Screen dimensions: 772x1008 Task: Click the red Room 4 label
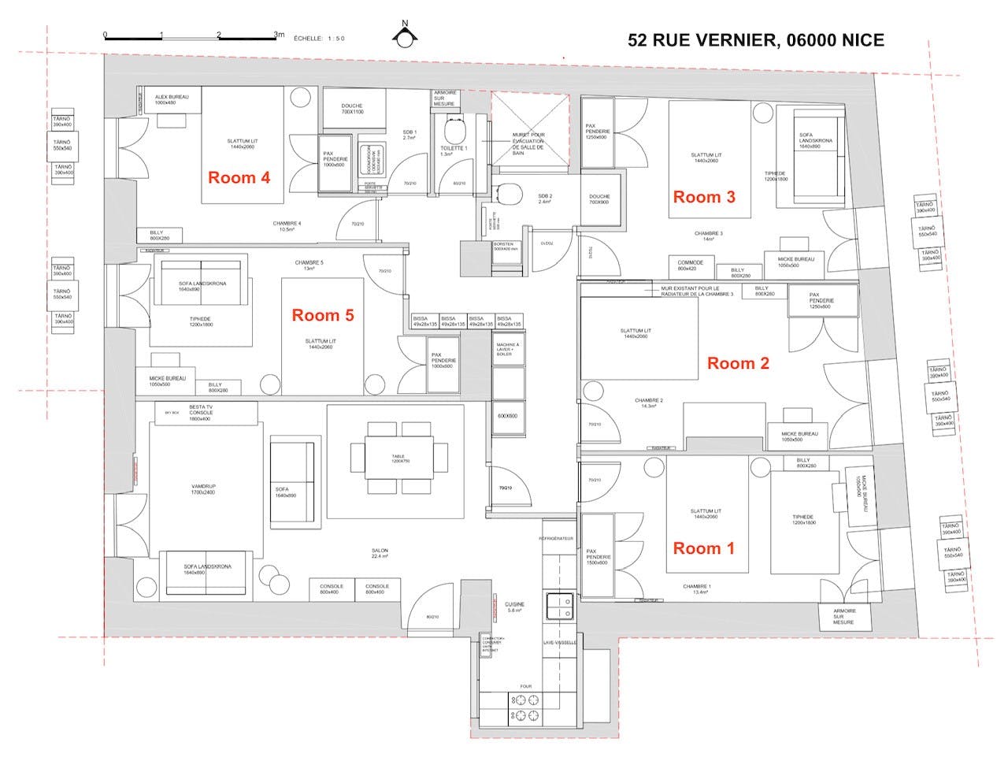(x=239, y=178)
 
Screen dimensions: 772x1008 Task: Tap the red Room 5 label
(x=323, y=315)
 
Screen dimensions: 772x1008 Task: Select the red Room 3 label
(x=703, y=197)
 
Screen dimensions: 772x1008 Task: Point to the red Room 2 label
(x=738, y=363)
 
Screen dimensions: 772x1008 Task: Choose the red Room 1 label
(x=703, y=548)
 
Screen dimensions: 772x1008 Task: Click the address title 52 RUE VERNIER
(x=755, y=40)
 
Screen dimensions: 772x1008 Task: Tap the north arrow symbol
(x=406, y=35)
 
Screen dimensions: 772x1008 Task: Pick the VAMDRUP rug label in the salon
(x=203, y=489)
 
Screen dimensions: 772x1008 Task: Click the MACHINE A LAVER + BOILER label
(x=508, y=349)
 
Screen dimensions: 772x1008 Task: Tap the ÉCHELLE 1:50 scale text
(x=319, y=38)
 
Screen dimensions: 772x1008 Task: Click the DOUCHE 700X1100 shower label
(x=353, y=109)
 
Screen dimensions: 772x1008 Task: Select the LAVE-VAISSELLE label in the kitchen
(x=560, y=643)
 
